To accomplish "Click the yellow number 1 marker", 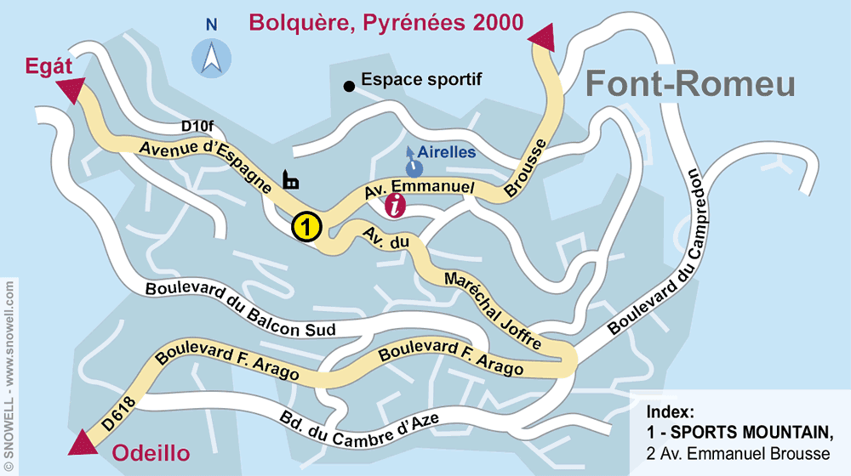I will [x=306, y=227].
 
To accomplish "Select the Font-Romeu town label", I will [x=691, y=84].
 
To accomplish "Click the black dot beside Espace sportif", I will [x=348, y=85].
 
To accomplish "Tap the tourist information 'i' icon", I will [x=396, y=205].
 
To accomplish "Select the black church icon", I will [x=290, y=179].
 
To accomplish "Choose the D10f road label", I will [x=197, y=126].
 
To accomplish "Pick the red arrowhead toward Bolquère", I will [x=542, y=38].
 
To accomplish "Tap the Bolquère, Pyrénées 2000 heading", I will [x=386, y=23].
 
